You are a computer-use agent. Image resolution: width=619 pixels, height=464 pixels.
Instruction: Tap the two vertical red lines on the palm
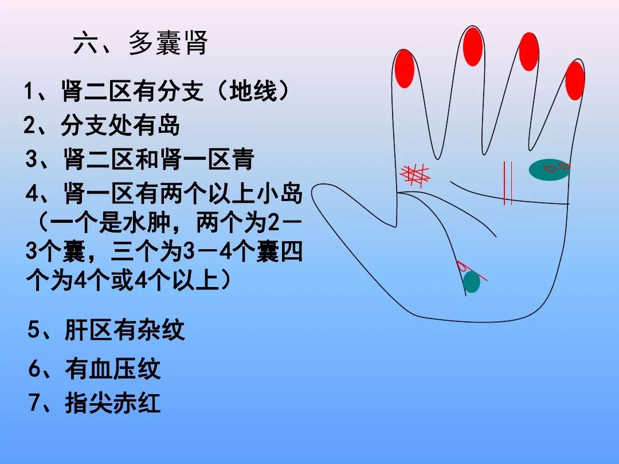pos(507,183)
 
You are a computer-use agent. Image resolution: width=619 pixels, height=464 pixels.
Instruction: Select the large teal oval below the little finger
pos(549,170)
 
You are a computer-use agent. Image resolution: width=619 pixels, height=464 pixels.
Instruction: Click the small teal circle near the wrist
pos(471,282)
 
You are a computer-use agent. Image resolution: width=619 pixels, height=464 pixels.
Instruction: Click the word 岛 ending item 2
pos(169,125)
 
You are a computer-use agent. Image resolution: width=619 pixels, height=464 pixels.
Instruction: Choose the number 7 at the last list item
pos(36,403)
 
